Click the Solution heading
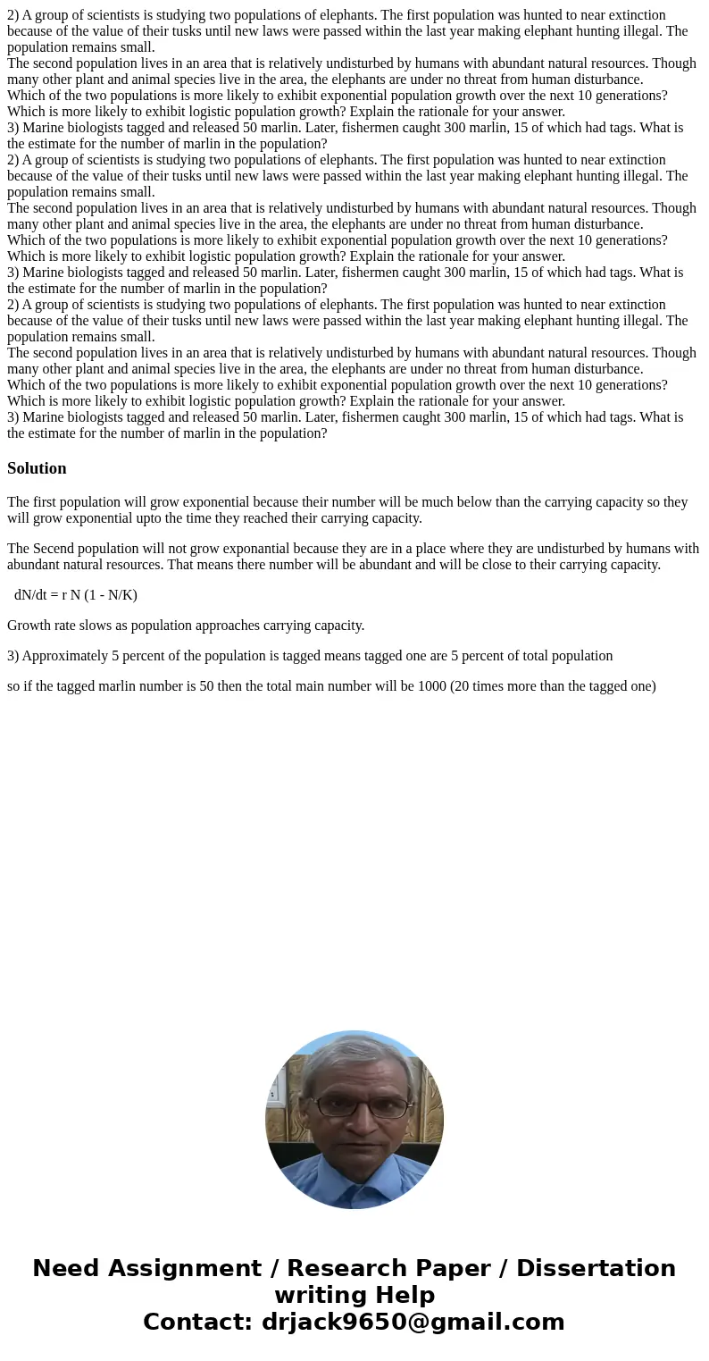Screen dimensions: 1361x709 click(x=37, y=468)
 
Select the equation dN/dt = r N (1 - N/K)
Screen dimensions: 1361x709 click(x=76, y=595)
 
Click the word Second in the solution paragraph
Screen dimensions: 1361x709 click(x=56, y=549)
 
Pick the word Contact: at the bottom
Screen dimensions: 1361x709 click(x=197, y=1323)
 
